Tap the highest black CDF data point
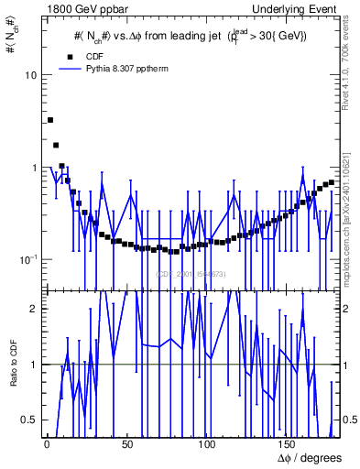click(50, 120)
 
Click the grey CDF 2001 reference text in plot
click(191, 274)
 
